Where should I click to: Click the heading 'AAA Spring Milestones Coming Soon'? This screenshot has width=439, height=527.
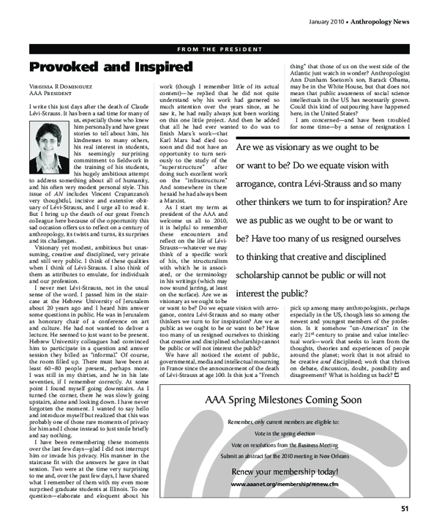point(283,400)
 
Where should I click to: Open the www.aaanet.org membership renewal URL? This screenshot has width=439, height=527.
point(283,484)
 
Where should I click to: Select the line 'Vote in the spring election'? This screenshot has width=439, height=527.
point(283,433)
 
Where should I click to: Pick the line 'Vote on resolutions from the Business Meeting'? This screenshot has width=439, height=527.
point(283,444)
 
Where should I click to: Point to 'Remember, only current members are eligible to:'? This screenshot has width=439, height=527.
point(283,422)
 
